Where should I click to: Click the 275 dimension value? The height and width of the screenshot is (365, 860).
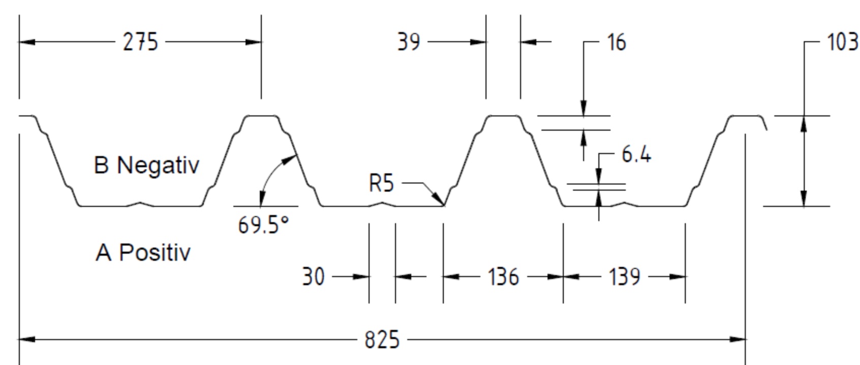140,42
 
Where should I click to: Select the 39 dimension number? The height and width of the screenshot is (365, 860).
409,42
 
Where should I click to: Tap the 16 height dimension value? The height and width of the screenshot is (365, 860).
617,42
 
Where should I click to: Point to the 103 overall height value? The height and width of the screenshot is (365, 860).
843,42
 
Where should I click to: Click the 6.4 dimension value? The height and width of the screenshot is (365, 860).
636,155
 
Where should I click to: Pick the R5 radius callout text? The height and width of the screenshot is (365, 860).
381,183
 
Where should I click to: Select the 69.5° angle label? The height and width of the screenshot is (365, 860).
263,225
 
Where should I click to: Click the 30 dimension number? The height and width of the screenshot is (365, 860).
313,277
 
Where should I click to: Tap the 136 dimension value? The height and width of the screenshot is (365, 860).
503,277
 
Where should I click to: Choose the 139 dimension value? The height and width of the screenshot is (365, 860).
625,277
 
